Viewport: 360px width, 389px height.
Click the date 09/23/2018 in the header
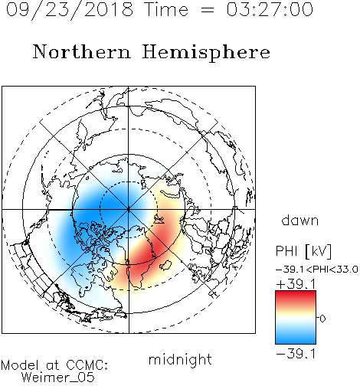pos(70,10)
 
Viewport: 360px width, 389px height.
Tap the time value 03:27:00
pos(270,10)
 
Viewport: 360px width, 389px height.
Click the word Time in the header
pos(166,10)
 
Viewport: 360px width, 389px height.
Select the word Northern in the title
pos(82,51)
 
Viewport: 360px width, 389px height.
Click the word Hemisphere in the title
pos(206,53)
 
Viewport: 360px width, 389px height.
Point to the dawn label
pos(300,221)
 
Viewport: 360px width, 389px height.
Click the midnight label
pos(180,360)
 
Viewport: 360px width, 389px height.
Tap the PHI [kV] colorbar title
pos(303,251)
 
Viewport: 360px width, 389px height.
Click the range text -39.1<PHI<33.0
pos(316,270)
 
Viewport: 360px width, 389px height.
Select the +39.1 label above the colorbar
pos(296,284)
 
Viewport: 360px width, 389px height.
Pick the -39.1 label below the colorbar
pos(296,354)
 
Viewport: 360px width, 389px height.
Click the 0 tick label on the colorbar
pos(322,319)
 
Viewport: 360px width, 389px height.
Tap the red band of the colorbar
pos(296,297)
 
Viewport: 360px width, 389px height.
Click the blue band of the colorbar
pos(296,338)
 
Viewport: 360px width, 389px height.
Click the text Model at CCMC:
pos(54,365)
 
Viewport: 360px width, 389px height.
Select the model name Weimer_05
pos(58,378)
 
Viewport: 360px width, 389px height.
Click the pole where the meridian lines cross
pos(129,210)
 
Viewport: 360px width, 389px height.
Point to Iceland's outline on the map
pos(165,265)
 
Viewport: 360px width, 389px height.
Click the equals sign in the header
pos(208,10)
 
